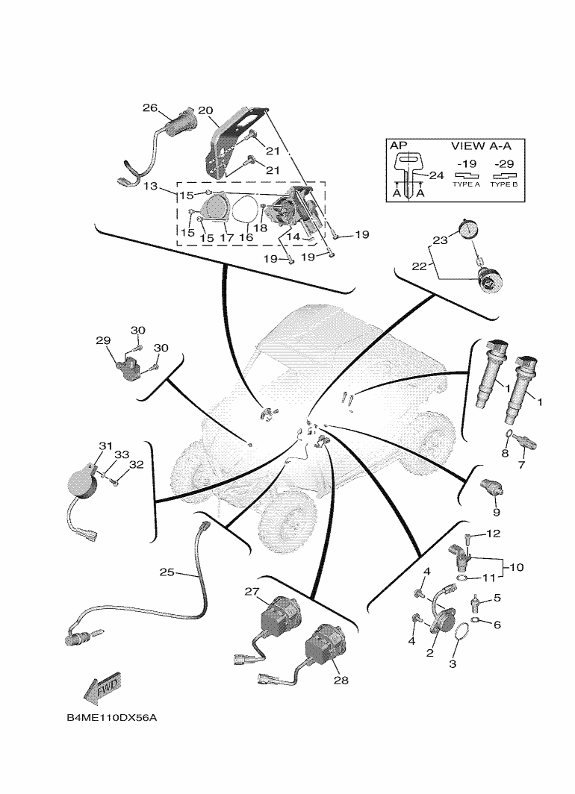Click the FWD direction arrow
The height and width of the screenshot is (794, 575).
[x=102, y=689]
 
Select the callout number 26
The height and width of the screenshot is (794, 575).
[x=150, y=108]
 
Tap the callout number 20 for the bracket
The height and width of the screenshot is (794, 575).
[x=205, y=108]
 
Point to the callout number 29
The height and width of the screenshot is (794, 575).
[x=102, y=340]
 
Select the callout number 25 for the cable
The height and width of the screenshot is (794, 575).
[x=167, y=572]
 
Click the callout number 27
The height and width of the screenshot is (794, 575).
[x=251, y=591]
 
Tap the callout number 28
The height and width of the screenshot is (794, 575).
[x=341, y=680]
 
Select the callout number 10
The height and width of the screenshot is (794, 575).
[x=517, y=568]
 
